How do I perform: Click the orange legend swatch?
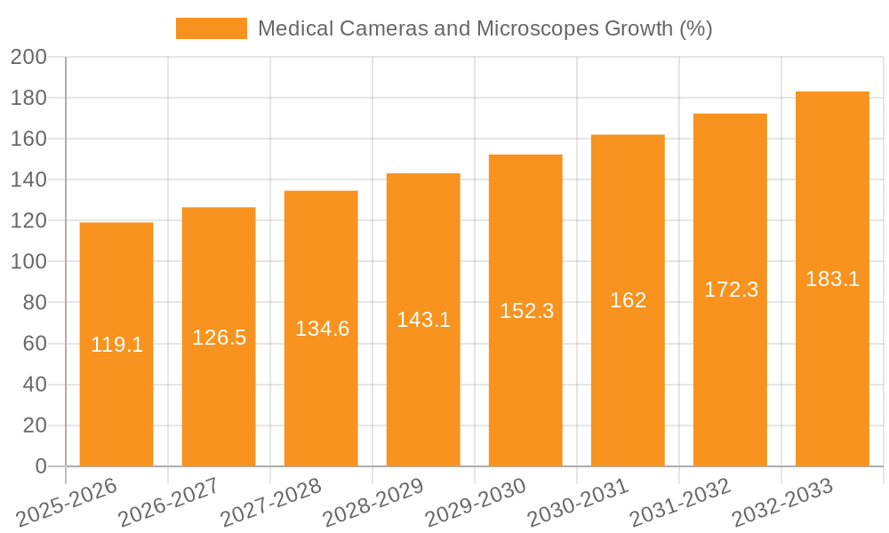[x=212, y=28]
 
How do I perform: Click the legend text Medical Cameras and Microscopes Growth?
[x=485, y=28]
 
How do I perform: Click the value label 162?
[x=628, y=300]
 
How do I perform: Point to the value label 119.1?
[x=116, y=345]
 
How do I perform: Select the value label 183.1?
[x=832, y=279]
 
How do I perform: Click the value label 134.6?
[x=322, y=329]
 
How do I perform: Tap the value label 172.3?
[x=731, y=290]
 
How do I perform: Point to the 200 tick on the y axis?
[x=28, y=57]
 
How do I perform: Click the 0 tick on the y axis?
[x=40, y=466]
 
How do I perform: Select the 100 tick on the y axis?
[x=28, y=262]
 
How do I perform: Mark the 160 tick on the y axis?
[x=28, y=139]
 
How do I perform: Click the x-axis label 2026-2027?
[x=168, y=503]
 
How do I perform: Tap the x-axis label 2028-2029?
[x=372, y=503]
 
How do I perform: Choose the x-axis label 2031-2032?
[x=679, y=503]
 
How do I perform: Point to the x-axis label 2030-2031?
[x=577, y=503]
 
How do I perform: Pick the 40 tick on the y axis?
[x=34, y=385]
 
